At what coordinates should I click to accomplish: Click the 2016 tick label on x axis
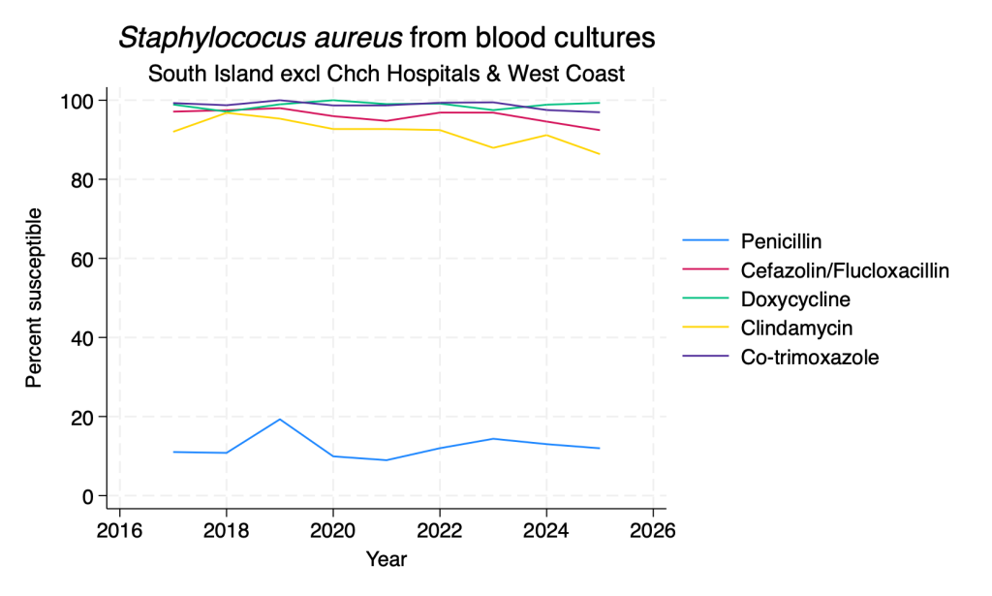[119, 530]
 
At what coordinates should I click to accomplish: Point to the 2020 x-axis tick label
[333, 530]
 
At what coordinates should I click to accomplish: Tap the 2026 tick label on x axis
[652, 530]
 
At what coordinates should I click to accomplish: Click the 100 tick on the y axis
[77, 101]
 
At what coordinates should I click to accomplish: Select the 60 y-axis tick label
[83, 259]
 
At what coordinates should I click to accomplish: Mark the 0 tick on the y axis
[88, 496]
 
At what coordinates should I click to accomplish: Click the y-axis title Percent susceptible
[34, 298]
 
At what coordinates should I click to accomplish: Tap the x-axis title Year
[386, 559]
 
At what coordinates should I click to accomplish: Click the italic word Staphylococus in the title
[260, 38]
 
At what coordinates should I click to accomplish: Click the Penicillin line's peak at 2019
[280, 419]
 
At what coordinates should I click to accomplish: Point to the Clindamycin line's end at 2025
[599, 154]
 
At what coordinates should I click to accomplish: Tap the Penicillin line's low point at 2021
[386, 460]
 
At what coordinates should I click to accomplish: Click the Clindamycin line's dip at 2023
[493, 148]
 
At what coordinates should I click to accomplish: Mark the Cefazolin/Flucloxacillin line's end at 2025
[599, 130]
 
